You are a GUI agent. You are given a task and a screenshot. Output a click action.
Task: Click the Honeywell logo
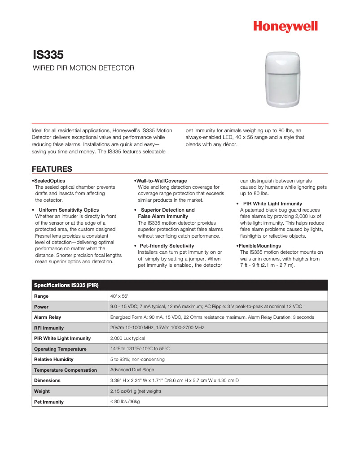pyautogui.click(x=285, y=27)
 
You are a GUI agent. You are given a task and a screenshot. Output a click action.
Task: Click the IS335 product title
pyautogui.click(x=48, y=55)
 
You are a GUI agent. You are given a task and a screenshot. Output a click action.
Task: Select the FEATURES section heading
pyautogui.click(x=52, y=169)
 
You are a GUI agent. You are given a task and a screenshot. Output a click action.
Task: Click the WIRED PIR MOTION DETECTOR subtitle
pyautogui.click(x=83, y=68)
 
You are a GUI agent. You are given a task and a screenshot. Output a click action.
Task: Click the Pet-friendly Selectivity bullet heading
pyautogui.click(x=167, y=246)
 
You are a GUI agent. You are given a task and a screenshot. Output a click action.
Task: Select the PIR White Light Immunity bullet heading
pyautogui.click(x=272, y=204)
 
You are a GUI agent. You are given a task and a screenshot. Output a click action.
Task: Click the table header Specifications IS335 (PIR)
pyautogui.click(x=66, y=285)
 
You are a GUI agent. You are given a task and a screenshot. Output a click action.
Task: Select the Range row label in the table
pyautogui.click(x=41, y=296)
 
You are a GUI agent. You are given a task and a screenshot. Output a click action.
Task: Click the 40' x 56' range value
pyautogui.click(x=119, y=296)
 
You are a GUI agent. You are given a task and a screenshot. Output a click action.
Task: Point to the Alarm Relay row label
pyautogui.click(x=48, y=317)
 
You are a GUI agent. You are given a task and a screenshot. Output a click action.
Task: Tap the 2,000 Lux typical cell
pyautogui.click(x=127, y=338)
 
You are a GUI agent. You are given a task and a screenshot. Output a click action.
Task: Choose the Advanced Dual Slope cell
pyautogui.click(x=132, y=370)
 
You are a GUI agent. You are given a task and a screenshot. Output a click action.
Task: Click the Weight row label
pyautogui.click(x=42, y=391)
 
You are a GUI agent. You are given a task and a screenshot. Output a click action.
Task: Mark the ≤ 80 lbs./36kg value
pyautogui.click(x=125, y=402)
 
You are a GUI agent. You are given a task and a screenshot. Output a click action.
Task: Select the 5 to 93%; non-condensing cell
pyautogui.click(x=137, y=359)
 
